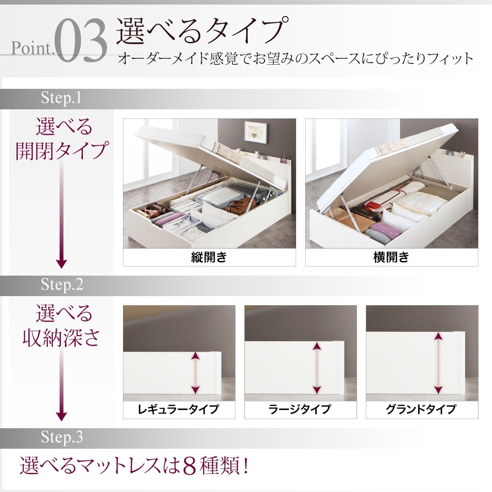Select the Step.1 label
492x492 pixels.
(61, 97)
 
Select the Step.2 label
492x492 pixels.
(62, 285)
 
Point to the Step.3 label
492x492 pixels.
(62, 438)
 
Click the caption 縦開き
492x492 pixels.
(209, 258)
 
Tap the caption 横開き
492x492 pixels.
(391, 258)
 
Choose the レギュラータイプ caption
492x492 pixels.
(179, 410)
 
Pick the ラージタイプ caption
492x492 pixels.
(300, 410)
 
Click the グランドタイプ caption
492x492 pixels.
(421, 410)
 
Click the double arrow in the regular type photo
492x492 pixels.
(195, 372)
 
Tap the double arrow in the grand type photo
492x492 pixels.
(438, 363)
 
